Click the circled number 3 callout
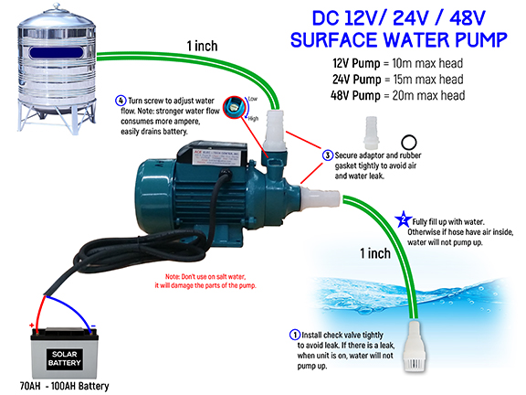pyautogui.click(x=327, y=156)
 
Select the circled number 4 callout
pyautogui.click(x=121, y=100)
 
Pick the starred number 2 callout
pyautogui.click(x=405, y=219)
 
